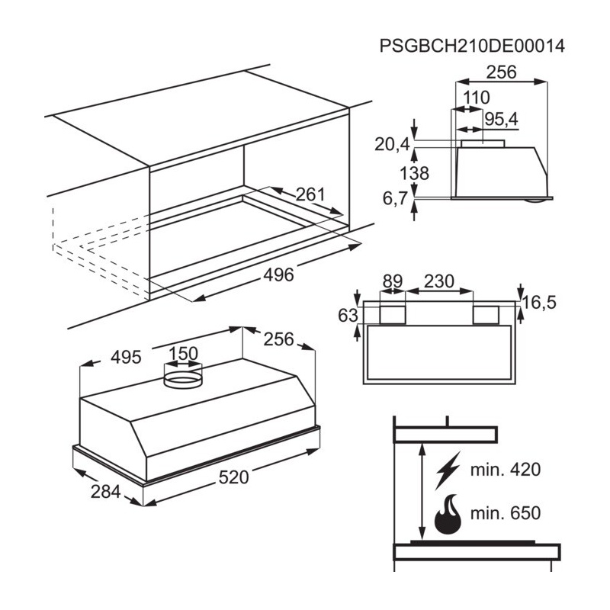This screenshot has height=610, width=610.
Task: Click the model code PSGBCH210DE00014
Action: pyautogui.click(x=472, y=46)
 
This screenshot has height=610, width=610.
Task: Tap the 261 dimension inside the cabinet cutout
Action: pyautogui.click(x=310, y=194)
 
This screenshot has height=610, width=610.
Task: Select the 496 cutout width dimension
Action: pyautogui.click(x=278, y=275)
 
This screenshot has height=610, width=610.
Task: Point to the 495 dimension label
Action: pyautogui.click(x=126, y=357)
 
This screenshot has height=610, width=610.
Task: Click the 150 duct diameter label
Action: pyautogui.click(x=183, y=354)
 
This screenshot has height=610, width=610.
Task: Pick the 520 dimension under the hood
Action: pyautogui.click(x=233, y=477)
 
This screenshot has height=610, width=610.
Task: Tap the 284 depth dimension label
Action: pyautogui.click(x=105, y=492)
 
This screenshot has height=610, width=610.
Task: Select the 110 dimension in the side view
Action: pyautogui.click(x=476, y=98)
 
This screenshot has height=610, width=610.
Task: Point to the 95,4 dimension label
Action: pyautogui.click(x=502, y=119)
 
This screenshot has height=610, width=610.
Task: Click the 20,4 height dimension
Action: pyautogui.click(x=392, y=144)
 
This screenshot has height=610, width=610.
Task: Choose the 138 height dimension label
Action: pyautogui.click(x=414, y=173)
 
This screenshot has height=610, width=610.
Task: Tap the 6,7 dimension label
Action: pyautogui.click(x=395, y=198)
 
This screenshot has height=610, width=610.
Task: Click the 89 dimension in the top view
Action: pyautogui.click(x=393, y=281)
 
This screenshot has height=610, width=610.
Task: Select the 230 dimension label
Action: pyautogui.click(x=439, y=281)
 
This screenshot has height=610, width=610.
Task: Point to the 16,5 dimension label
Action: pyautogui.click(x=539, y=302)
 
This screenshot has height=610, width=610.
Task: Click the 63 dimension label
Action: pyautogui.click(x=348, y=315)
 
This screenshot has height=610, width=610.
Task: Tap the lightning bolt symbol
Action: pyautogui.click(x=448, y=470)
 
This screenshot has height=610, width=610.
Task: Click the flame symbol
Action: pyautogui.click(x=448, y=514)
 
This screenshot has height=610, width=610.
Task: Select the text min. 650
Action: pyautogui.click(x=506, y=513)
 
